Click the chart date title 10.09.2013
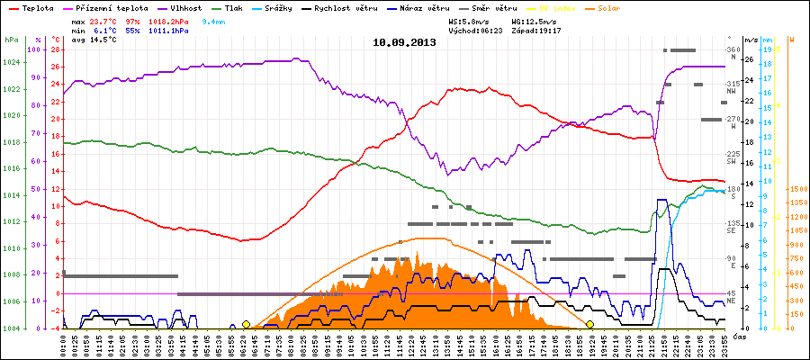[x=404, y=42]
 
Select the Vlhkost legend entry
[x=184, y=7]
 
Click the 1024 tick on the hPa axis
[x=11, y=62]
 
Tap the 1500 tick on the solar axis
[x=797, y=189]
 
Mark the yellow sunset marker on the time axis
[x=589, y=324]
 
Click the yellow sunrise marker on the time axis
[x=246, y=324]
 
